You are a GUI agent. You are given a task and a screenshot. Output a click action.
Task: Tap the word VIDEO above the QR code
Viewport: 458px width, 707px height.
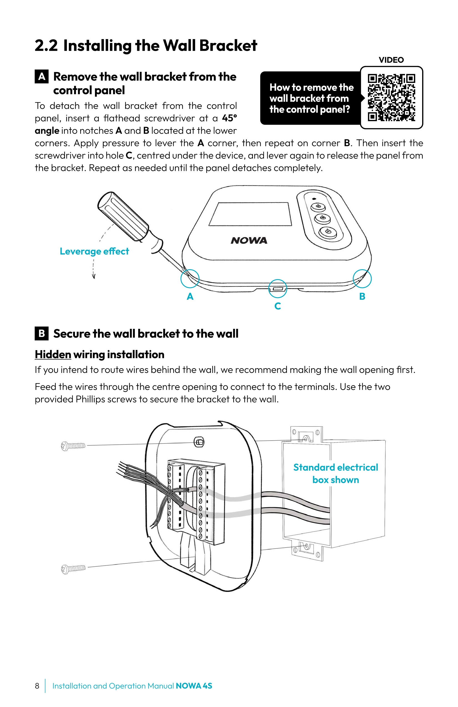pos(391,60)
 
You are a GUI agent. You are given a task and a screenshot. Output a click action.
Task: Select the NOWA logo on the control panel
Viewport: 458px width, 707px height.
pos(249,240)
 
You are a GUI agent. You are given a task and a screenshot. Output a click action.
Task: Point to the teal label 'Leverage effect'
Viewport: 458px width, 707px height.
pos(94,251)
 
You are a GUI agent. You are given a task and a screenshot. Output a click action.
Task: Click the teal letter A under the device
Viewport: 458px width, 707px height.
pos(190,296)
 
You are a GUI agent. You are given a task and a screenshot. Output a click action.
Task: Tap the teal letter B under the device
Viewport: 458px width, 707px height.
pos(362,296)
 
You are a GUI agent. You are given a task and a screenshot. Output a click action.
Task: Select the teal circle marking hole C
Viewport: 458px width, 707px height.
pos(278,288)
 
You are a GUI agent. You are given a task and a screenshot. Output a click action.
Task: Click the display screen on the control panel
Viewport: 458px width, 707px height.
pos(250,214)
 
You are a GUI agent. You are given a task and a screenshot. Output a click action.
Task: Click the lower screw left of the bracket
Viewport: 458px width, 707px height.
pos(73,569)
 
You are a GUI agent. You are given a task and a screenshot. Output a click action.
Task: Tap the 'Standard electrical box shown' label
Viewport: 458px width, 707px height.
pos(336,474)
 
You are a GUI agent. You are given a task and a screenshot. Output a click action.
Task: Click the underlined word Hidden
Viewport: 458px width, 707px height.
pos(53,354)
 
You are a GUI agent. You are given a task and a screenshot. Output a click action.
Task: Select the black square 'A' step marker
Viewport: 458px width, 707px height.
pos(42,77)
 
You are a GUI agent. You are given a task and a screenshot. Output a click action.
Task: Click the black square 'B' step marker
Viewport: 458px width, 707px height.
pos(42,333)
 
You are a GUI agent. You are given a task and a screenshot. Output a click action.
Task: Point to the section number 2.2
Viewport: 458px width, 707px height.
pos(46,46)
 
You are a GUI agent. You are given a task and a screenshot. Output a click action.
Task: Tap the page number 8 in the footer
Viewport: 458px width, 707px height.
pos(37,686)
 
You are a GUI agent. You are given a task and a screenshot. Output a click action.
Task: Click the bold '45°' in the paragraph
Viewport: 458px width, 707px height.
pos(229,118)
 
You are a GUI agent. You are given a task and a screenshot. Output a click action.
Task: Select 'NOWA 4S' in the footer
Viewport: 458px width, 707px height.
pos(194,686)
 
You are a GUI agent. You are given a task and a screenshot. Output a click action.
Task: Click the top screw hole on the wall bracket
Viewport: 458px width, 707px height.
pos(199,442)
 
